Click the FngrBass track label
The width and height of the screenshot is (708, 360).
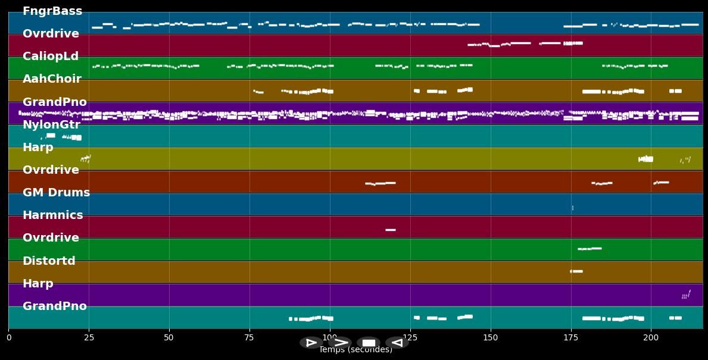52,11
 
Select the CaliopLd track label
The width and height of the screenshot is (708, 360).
51,57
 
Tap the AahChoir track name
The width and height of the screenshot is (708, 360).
52,79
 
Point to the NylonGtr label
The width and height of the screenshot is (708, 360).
51,125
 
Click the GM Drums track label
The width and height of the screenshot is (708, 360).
56,193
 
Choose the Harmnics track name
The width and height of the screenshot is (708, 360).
53,215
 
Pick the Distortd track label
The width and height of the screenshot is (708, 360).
49,261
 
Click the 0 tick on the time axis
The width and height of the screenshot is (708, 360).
9,338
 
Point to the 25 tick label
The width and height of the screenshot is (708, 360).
89,338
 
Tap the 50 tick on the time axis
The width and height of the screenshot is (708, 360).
169,338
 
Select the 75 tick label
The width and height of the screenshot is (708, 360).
249,338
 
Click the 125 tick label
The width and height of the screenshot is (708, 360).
410,338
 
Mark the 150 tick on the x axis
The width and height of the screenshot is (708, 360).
491,338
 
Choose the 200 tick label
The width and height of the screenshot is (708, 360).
651,338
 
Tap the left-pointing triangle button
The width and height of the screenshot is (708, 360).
397,343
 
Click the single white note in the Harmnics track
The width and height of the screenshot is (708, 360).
391,230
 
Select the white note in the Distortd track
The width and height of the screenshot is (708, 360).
576,271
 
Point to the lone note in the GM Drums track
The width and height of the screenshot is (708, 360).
573,208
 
